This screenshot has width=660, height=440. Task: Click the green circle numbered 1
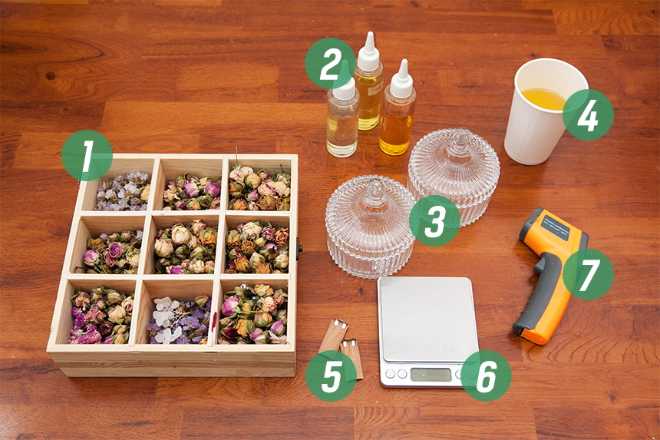87,156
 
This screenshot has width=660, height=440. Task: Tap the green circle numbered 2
331,63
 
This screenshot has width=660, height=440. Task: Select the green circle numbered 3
435,220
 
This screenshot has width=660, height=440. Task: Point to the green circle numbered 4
588,115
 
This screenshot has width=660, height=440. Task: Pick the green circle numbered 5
332,375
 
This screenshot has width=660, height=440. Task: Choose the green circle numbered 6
486,375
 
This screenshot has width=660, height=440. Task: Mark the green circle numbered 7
588,275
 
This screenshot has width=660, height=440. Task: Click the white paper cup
544,111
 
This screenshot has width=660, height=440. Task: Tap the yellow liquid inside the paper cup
544,98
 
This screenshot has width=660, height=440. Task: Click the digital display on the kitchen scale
431,374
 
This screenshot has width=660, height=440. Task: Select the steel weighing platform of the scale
427,319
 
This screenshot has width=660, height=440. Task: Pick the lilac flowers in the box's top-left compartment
122,190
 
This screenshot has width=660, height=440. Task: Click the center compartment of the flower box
184,246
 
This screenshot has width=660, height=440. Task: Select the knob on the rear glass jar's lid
458,141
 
